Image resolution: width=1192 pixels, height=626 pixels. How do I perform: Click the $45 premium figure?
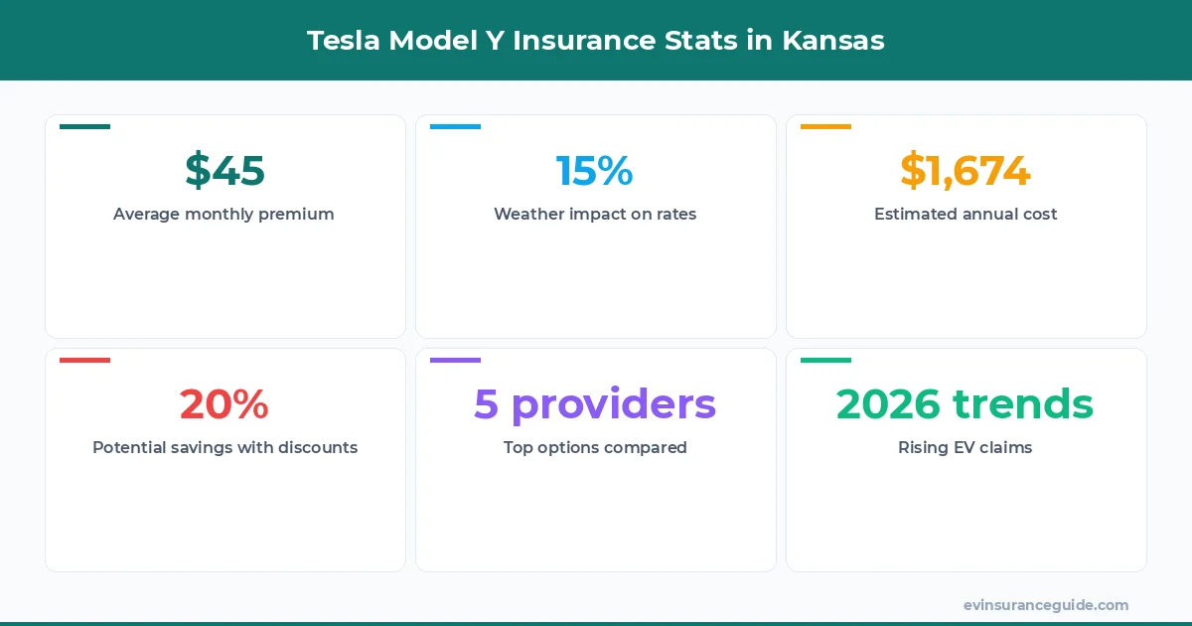[224, 170]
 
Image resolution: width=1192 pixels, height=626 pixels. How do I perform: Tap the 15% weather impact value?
[594, 170]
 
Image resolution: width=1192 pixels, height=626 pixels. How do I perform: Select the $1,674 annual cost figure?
[966, 170]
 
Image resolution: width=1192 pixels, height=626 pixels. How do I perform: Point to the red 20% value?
[224, 403]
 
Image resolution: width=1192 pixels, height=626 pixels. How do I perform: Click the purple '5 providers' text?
[594, 403]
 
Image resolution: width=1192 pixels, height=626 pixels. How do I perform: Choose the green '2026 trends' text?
[966, 403]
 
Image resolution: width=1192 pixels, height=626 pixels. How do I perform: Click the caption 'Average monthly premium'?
[223, 214]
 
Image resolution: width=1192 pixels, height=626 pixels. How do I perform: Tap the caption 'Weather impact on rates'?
[595, 214]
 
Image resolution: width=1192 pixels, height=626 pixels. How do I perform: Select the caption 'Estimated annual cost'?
[966, 214]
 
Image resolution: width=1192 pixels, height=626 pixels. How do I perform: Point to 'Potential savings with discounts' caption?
[224, 447]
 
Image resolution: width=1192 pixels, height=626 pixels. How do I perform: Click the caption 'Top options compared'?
[595, 447]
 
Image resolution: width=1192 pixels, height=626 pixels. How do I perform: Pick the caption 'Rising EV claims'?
[966, 447]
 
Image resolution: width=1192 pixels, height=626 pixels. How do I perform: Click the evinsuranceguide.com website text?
[1046, 604]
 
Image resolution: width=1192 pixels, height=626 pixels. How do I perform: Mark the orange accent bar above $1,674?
[825, 127]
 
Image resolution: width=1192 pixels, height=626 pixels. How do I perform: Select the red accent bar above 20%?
[84, 360]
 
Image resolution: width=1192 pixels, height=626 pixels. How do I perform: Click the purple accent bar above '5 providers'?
[455, 360]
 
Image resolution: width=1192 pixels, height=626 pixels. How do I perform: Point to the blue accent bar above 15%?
[455, 127]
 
